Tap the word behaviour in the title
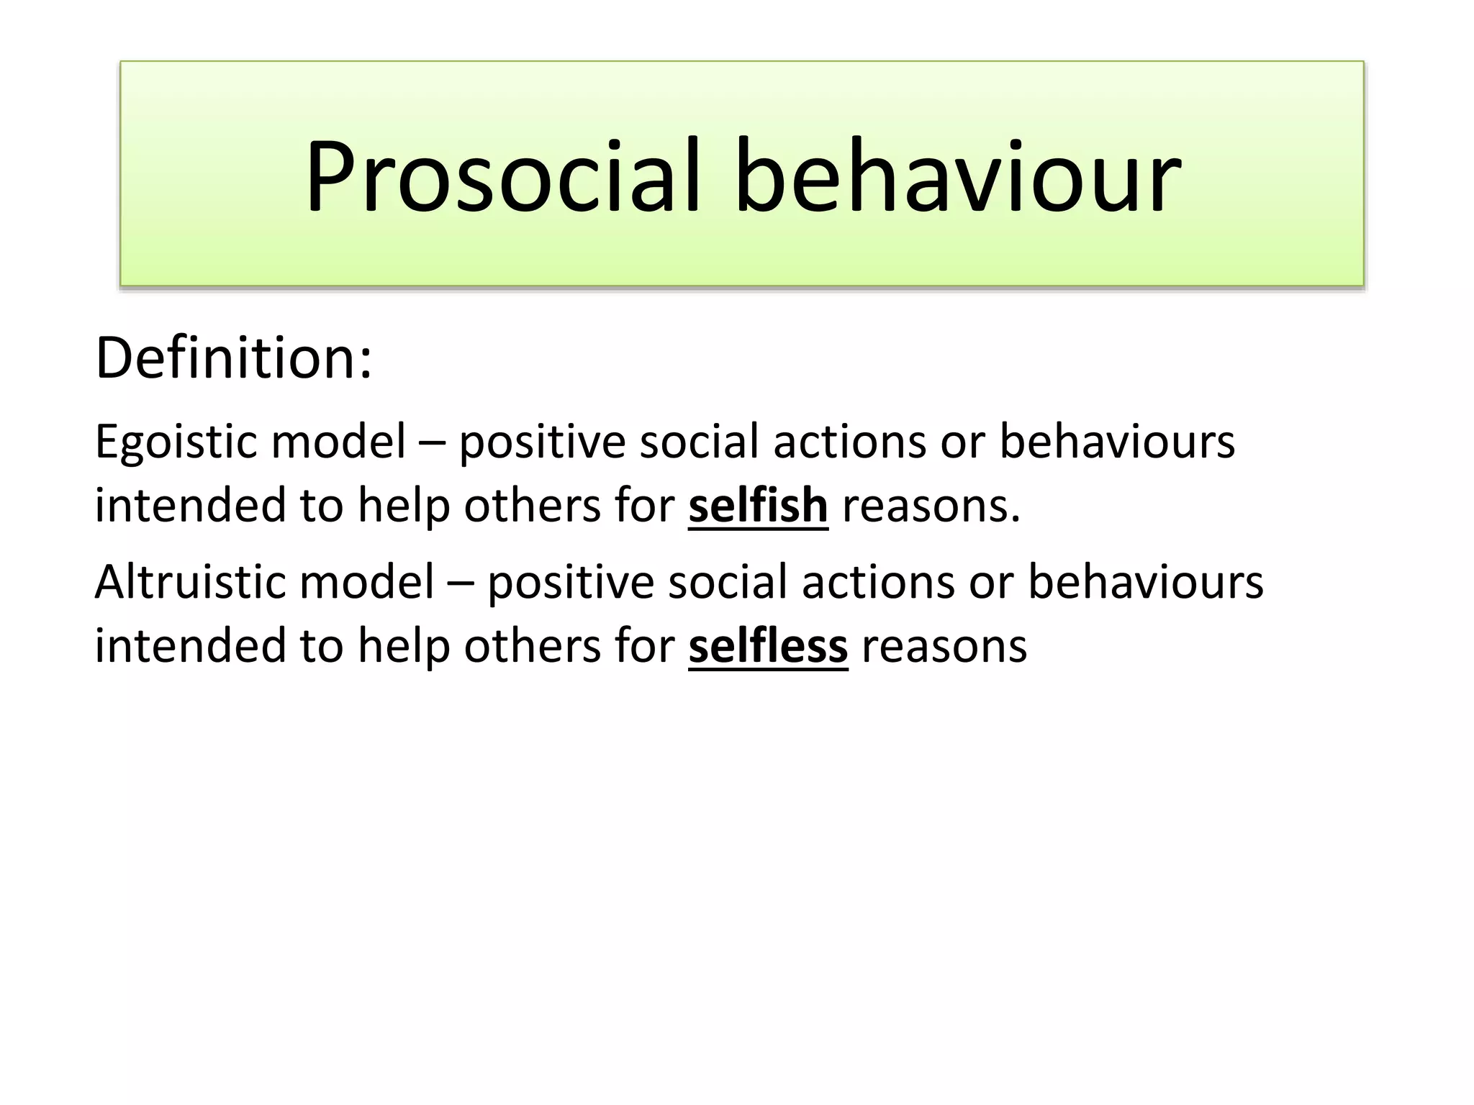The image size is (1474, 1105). (x=957, y=176)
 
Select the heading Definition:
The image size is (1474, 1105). (x=234, y=358)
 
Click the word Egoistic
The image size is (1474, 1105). (x=173, y=442)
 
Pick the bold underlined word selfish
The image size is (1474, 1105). (x=758, y=505)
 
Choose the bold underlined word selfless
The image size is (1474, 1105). (x=768, y=645)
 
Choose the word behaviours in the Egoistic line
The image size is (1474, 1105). (x=1117, y=442)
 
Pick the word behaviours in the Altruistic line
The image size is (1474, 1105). (x=1145, y=582)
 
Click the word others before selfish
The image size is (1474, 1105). (x=532, y=505)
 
